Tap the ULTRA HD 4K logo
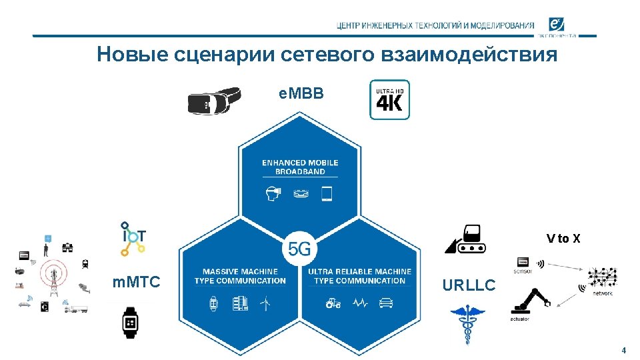(389, 100)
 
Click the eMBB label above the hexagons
(301, 94)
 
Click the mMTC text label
(137, 283)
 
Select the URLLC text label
(469, 285)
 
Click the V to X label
(563, 239)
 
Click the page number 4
(623, 351)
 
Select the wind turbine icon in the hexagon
(265, 303)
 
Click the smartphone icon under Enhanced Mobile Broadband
(327, 194)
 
